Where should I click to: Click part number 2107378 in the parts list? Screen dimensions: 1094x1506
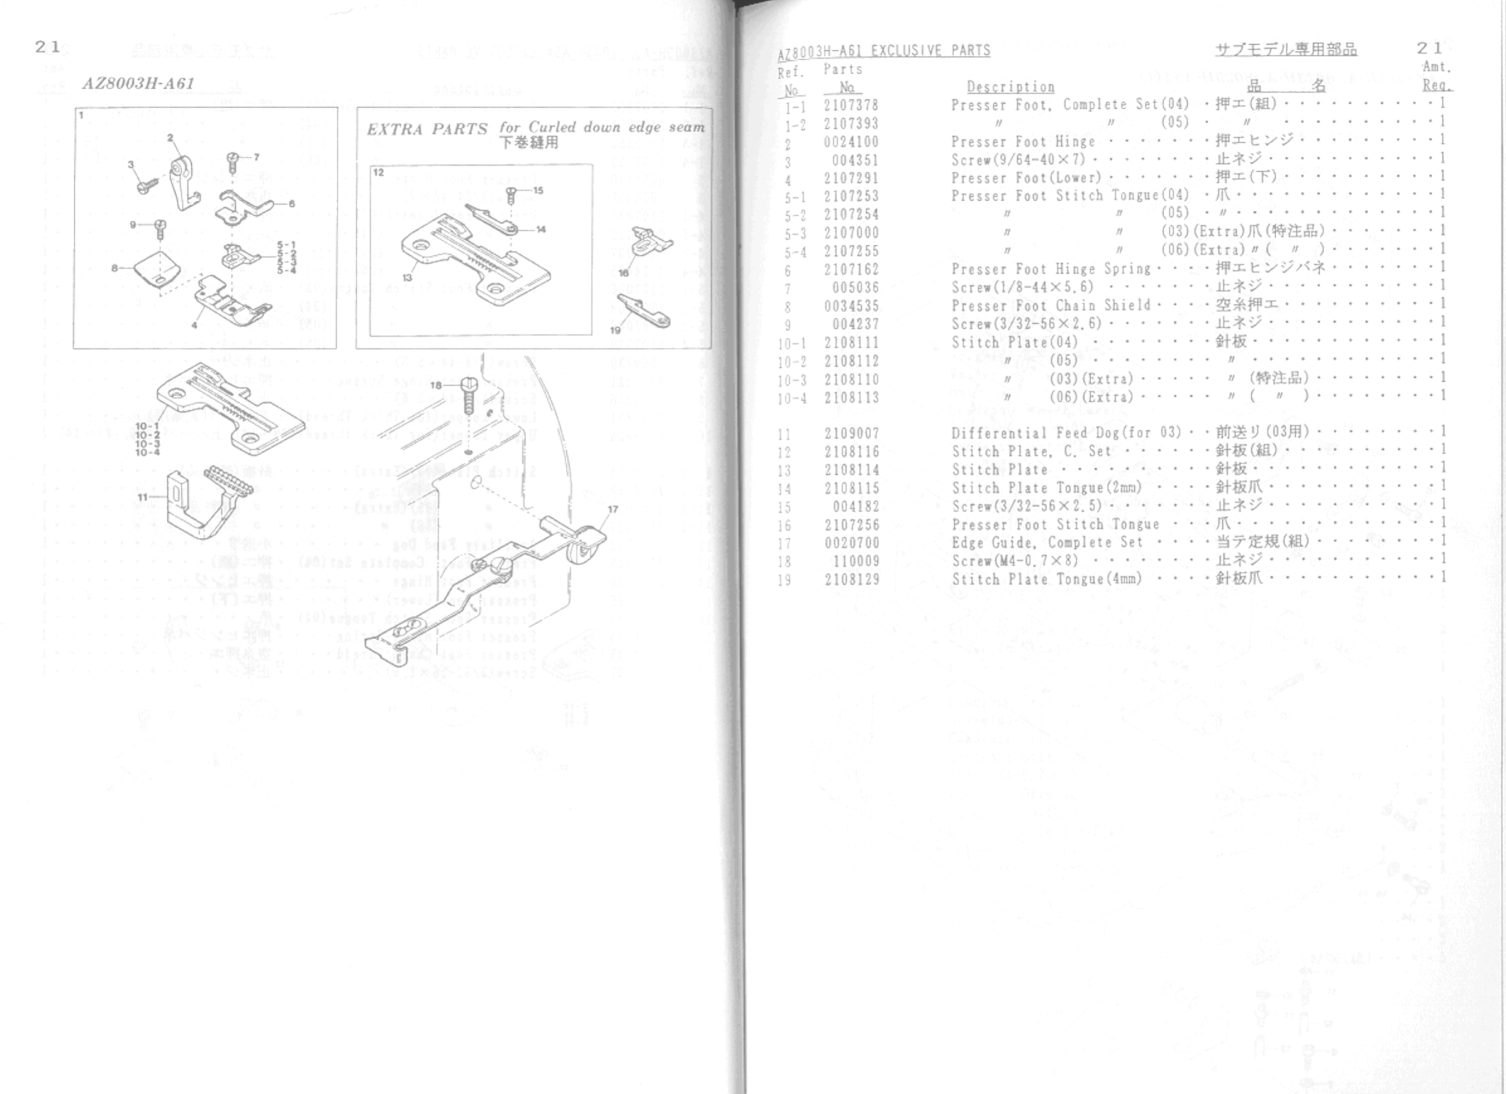click(851, 105)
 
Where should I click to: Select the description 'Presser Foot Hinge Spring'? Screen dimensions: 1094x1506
click(1051, 269)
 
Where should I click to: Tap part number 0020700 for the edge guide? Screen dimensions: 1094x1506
click(851, 543)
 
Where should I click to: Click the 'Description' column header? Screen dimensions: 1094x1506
click(1010, 87)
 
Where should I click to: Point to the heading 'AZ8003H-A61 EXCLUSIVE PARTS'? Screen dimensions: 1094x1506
click(884, 51)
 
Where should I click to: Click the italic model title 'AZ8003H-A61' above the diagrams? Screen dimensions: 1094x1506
click(138, 84)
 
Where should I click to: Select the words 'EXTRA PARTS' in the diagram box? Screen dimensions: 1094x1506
click(427, 129)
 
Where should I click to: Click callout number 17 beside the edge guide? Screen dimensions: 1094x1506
click(612, 509)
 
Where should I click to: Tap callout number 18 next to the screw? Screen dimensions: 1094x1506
click(435, 385)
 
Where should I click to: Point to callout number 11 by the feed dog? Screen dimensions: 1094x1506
click(142, 497)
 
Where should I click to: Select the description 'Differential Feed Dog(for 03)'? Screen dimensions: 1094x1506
click(1066, 433)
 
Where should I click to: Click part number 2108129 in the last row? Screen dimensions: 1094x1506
click(851, 580)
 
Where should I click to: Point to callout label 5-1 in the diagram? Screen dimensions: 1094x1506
click(287, 245)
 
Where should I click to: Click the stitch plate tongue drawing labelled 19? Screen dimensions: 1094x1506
click(644, 312)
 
